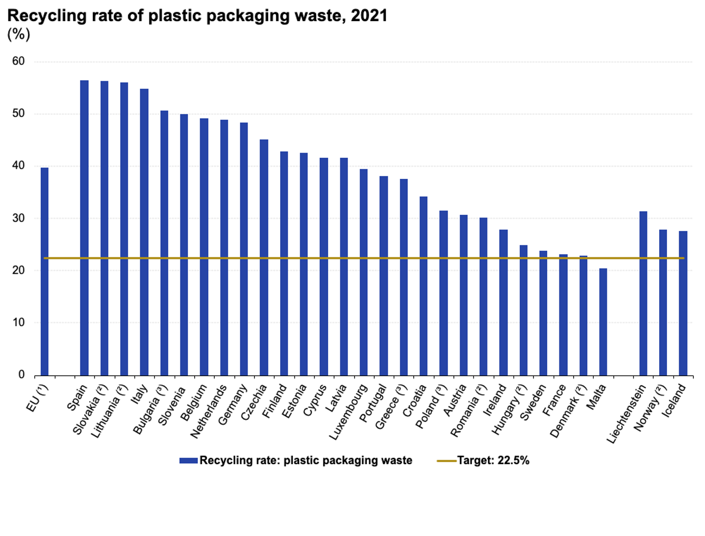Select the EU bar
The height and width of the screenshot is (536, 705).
(x=44, y=271)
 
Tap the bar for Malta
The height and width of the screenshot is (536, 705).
(x=603, y=322)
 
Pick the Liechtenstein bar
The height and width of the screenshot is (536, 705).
(x=643, y=293)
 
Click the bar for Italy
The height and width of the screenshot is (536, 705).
(x=144, y=232)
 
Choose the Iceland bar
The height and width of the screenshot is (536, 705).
(x=683, y=303)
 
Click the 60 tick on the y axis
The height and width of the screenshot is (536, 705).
(x=18, y=61)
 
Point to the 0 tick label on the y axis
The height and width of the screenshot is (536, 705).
(x=22, y=375)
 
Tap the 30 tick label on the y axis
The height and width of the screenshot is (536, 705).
(x=18, y=218)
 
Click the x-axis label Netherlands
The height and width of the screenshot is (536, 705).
(x=209, y=411)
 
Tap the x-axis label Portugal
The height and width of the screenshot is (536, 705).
(x=374, y=403)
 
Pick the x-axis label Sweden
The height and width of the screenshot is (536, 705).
(x=533, y=402)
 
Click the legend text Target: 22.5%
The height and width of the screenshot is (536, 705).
(x=493, y=461)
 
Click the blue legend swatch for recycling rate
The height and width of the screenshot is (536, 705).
(x=188, y=461)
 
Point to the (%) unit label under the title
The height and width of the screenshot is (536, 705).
(x=19, y=34)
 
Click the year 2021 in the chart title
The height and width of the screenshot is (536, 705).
(x=369, y=16)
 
